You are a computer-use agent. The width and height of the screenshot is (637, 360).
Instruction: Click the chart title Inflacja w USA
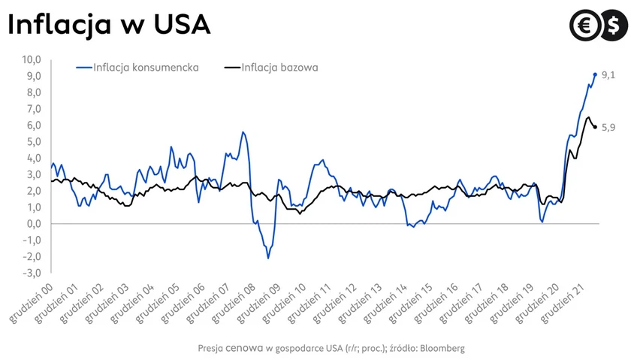[108, 25]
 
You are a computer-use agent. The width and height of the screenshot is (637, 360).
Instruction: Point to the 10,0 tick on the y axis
[32, 59]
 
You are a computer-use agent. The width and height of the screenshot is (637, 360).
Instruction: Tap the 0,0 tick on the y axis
[34, 224]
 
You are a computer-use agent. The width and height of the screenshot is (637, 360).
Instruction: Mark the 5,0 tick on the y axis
[34, 142]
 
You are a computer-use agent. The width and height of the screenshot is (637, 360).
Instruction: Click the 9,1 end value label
[609, 75]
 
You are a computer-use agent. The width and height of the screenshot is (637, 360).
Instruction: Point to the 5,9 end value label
[608, 128]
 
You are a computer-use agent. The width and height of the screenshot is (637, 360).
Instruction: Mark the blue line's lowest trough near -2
[268, 258]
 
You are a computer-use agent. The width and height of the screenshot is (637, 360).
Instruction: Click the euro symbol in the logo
[585, 26]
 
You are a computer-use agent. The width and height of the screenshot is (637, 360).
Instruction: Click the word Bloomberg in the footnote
[442, 349]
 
